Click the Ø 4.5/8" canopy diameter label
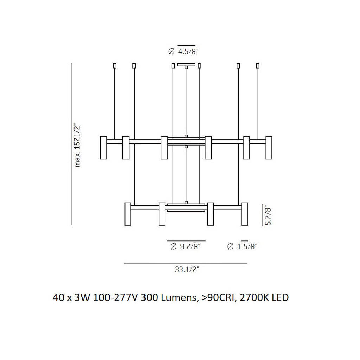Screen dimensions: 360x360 pos(184,52)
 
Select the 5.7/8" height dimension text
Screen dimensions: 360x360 pos(268,215)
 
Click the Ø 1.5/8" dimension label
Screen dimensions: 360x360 pos(243,247)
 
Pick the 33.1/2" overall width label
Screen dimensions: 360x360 pos(187,270)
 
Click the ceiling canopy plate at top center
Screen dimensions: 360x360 pos(186,65)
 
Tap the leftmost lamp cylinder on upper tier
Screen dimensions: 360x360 pos(103,147)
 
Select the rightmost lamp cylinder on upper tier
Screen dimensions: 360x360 pos(269,147)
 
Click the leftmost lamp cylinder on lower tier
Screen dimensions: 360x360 pos(128,214)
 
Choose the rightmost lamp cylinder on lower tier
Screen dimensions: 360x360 pos(245,214)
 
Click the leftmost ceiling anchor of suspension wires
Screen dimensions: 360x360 pos(115,66)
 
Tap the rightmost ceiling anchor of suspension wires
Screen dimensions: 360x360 pos(258,66)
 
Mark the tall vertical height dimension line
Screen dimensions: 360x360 pos(71,144)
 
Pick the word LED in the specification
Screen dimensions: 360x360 pos(280,298)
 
